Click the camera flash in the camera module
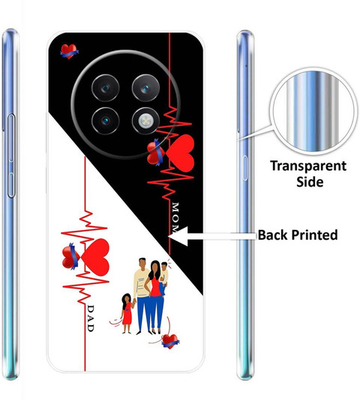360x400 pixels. coord(145,121)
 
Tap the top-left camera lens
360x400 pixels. coord(105,88)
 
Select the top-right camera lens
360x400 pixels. coord(145,88)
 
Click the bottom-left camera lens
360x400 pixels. coord(105,121)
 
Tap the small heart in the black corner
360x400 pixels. coord(69,51)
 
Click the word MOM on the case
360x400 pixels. coord(175,217)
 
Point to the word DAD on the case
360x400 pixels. coord(91,318)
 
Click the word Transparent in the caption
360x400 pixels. coord(308,166)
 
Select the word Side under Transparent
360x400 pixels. coord(310,182)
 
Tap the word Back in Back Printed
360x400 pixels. coord(272,234)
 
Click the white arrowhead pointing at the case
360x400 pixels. coord(178,236)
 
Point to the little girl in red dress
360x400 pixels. coord(127,313)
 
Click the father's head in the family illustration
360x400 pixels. coord(142,263)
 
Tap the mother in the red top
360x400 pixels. coord(154,296)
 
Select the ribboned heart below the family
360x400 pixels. coord(170,342)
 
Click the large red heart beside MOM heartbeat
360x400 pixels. coord(180,154)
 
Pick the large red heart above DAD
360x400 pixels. coord(95,257)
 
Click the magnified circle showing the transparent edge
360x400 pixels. coord(313,112)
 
